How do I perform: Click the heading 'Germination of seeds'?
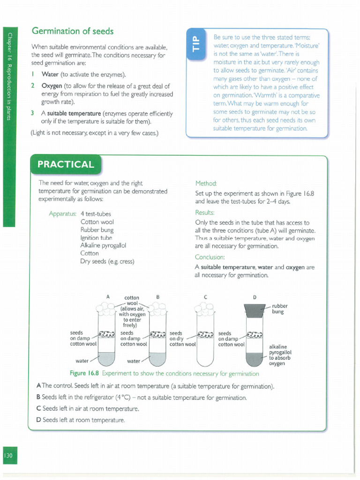tap(72, 31)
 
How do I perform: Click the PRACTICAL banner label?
tap(66, 165)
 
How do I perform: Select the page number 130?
tap(10, 456)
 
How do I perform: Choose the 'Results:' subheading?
tap(204, 213)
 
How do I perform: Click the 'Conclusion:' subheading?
tap(210, 257)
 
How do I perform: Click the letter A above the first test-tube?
tap(108, 297)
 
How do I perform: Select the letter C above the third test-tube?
tap(205, 297)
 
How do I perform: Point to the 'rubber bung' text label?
tap(280, 309)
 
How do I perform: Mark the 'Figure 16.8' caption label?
tap(84, 374)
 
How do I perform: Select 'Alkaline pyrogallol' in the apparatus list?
tap(104, 245)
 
